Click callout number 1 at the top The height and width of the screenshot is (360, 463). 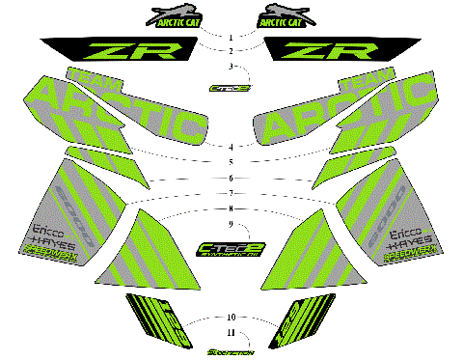point(231,36)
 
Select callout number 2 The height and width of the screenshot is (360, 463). point(231,49)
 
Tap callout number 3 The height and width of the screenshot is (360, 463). point(231,66)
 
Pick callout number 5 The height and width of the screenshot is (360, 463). point(231,161)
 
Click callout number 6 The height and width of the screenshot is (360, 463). point(231,179)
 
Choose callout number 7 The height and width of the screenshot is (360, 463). point(231,193)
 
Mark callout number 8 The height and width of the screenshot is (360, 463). point(231,208)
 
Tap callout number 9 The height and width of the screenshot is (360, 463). point(231,224)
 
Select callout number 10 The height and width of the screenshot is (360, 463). point(231,318)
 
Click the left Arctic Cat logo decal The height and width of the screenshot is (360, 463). point(175,16)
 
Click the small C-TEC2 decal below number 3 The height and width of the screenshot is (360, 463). point(231,88)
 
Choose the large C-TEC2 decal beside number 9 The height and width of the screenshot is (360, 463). point(231,249)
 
